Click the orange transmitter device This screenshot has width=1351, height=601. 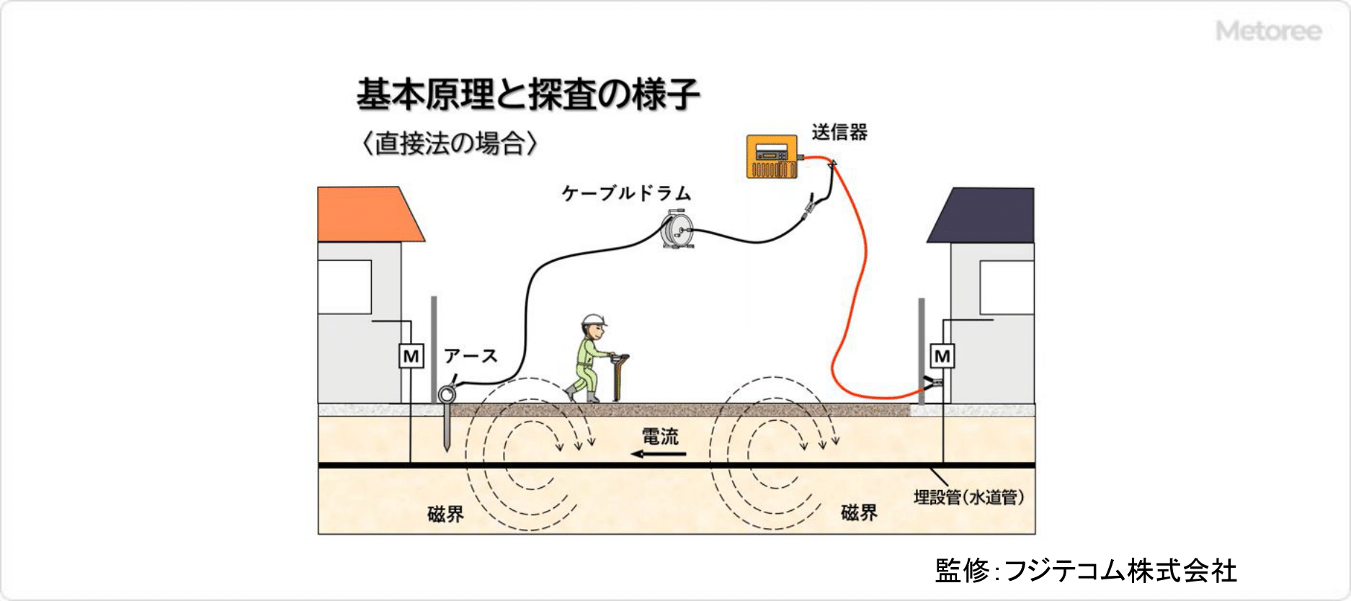click(x=772, y=156)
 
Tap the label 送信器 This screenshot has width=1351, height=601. click(x=839, y=133)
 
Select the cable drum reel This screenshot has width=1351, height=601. click(x=678, y=229)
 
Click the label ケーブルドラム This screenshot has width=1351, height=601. click(x=626, y=194)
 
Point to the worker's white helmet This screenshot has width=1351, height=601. click(x=593, y=320)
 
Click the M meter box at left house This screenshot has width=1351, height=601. click(x=411, y=356)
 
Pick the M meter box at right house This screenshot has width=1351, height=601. click(x=942, y=356)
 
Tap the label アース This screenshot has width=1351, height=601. click(x=471, y=356)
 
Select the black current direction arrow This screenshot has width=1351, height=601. click(x=659, y=454)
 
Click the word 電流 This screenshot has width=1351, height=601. click(x=660, y=436)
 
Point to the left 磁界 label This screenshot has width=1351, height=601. click(x=445, y=514)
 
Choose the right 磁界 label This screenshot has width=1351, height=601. click(x=859, y=512)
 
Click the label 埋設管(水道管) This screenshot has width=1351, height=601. click(x=968, y=497)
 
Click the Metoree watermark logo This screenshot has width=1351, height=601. click(x=1268, y=31)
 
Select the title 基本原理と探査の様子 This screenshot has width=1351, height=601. click(x=528, y=94)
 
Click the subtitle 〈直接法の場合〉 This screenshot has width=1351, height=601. click(x=450, y=143)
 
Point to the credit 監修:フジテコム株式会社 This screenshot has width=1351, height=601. click(x=1086, y=571)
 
